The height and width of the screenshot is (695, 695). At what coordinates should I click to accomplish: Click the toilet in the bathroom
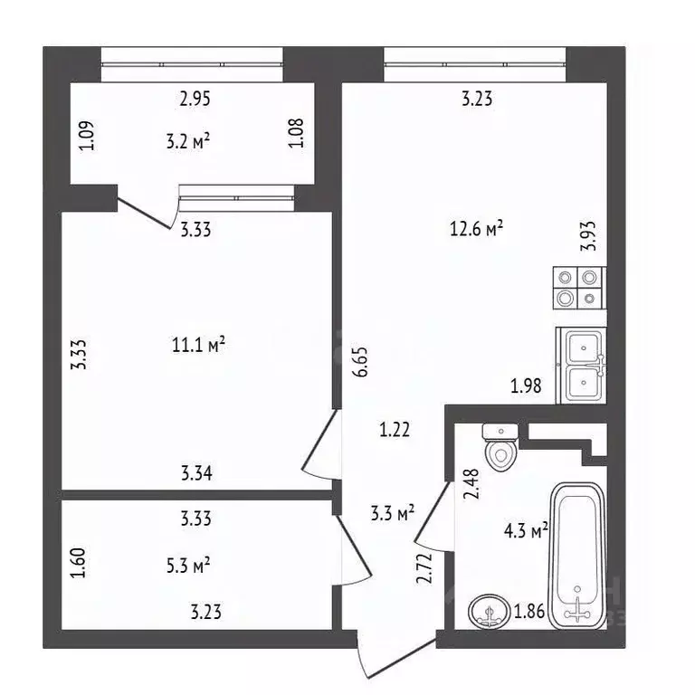point(499,446)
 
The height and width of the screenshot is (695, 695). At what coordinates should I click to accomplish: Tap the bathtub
point(577,554)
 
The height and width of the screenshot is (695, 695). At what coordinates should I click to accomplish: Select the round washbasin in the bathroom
point(490,613)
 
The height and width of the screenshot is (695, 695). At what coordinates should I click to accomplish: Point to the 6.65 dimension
point(361,360)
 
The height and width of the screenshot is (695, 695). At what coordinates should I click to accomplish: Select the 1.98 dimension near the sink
point(527,387)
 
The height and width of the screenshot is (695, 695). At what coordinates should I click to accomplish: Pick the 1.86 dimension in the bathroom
point(529,613)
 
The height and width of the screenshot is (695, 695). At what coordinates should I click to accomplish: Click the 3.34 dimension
point(196,471)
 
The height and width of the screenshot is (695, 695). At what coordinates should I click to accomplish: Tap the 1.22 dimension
point(395,431)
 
